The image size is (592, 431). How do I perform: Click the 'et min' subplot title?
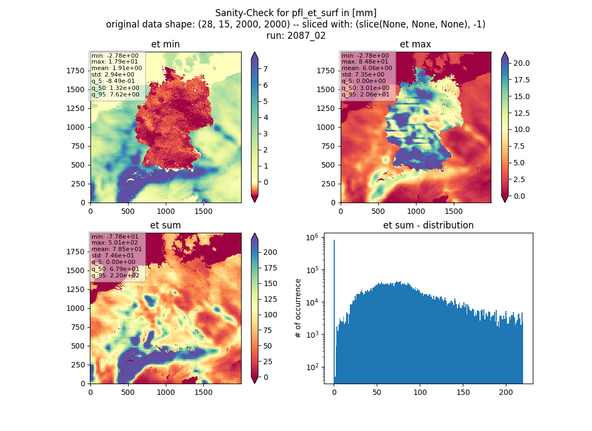165,44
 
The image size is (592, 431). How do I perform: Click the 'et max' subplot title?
415,44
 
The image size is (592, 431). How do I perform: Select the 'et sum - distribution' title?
428,225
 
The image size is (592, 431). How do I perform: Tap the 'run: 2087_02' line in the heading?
295,36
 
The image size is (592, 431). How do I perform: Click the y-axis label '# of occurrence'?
298,309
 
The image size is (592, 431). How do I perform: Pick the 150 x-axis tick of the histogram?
463,392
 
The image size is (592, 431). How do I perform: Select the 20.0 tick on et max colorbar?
521,63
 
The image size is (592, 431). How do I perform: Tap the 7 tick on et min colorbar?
265,69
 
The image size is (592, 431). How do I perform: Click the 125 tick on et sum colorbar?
270,299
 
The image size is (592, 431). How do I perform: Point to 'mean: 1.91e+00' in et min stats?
117,68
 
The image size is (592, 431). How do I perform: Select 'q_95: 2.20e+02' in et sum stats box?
115,276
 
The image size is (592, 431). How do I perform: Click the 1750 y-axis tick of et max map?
326,71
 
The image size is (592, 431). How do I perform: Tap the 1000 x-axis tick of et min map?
166,211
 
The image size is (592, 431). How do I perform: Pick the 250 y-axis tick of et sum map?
78,365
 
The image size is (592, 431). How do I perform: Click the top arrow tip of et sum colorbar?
255,233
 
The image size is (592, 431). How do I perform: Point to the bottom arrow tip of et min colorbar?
255,202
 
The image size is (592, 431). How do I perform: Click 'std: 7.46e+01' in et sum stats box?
112,255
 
